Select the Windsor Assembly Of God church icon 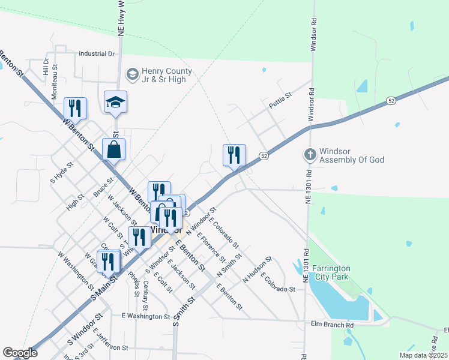(x=310, y=155)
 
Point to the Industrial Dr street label (x=96, y=53)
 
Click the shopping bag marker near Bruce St (x=113, y=151)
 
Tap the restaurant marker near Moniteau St (x=76, y=109)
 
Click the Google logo (x=20, y=353)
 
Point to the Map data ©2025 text (x=423, y=355)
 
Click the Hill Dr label (x=45, y=66)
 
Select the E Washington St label (x=146, y=316)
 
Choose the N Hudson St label (x=258, y=271)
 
